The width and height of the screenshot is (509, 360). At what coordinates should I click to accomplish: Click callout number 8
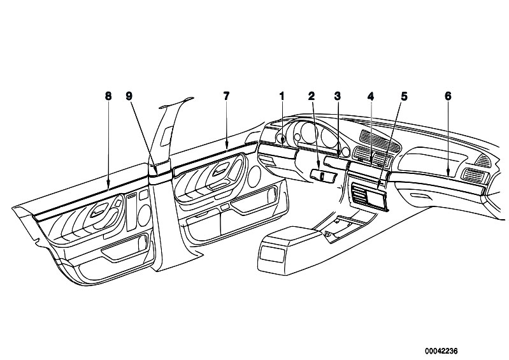coord(108,96)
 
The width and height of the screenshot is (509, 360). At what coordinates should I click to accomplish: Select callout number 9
coord(129,96)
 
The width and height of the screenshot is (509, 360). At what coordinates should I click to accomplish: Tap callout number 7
coord(226,96)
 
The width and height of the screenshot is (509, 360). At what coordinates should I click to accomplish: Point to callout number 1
coord(282,96)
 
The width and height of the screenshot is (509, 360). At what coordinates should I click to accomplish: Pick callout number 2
coord(312,96)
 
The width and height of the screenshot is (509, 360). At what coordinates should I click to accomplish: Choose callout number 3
coord(338,96)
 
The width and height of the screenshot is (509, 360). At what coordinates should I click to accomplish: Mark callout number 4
coord(371,96)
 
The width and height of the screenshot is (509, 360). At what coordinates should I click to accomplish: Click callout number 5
coord(404,96)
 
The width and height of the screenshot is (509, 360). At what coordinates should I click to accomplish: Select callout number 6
coord(448,96)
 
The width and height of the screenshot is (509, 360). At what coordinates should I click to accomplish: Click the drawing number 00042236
coord(441,351)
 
